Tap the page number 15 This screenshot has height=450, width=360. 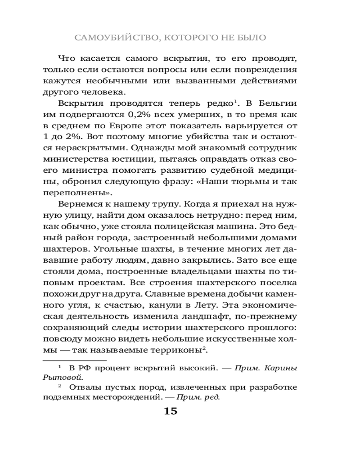[x=171, y=411]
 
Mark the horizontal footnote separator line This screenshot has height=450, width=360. [x=74, y=360]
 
